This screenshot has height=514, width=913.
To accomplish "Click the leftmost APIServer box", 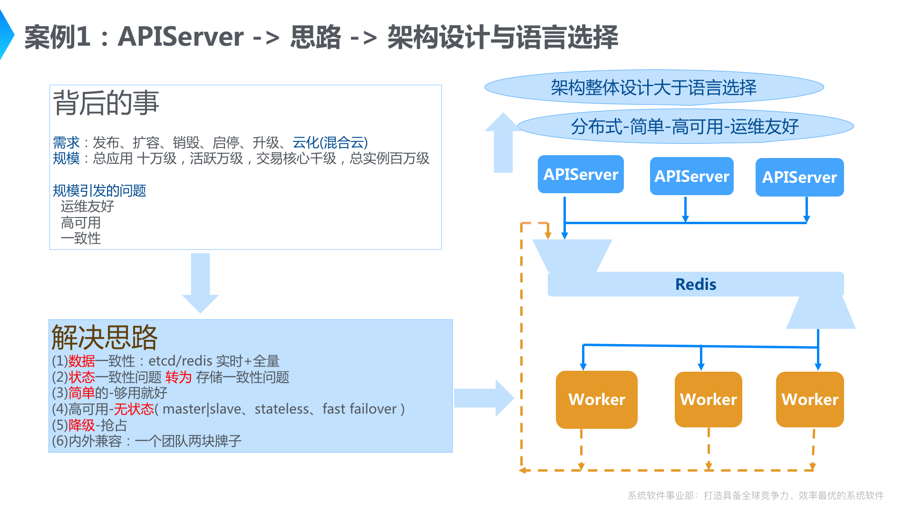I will (x=581, y=174).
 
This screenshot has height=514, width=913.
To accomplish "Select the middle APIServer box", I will (x=691, y=176).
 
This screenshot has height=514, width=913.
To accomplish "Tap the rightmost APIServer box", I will (x=799, y=177).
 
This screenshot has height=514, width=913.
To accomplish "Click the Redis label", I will (x=695, y=284).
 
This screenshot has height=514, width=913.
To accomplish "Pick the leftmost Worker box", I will (x=596, y=399).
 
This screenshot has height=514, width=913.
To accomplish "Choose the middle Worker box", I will (x=708, y=399).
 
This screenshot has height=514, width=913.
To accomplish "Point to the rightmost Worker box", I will (x=809, y=399).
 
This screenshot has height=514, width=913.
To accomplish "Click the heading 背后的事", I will (x=106, y=103).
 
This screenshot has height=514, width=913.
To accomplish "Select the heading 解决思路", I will (x=104, y=337).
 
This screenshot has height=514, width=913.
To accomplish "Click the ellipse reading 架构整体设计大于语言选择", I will (x=654, y=88).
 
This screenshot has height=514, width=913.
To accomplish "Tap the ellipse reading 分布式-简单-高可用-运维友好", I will (x=685, y=127).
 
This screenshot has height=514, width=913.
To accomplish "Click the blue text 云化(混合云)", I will (x=330, y=142).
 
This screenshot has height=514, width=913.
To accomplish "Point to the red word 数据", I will (x=81, y=361).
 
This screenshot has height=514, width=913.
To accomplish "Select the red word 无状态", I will (x=134, y=409).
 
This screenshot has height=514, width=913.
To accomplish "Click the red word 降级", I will (x=81, y=425).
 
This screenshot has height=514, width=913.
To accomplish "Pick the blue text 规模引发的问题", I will (x=99, y=190).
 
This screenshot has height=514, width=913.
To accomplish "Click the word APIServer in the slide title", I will (x=181, y=37).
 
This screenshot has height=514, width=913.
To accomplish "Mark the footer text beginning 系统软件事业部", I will (x=756, y=495).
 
